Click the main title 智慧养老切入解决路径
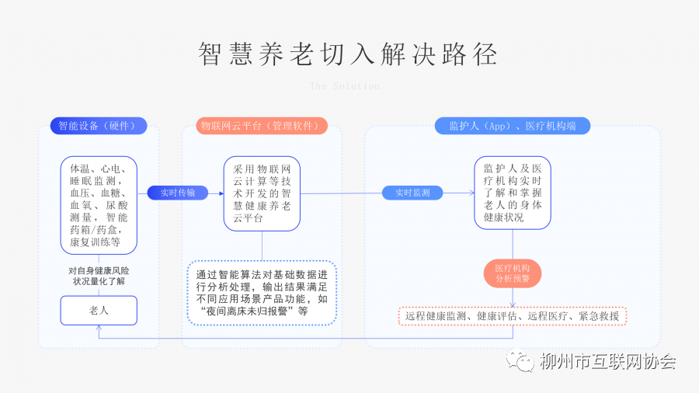pos(349,54)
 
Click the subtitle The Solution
pos(345,86)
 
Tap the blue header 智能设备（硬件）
pos(98,126)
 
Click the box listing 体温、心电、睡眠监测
pos(99,205)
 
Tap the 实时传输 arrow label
pos(178,193)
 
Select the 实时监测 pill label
pos(412,193)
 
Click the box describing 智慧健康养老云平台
pos(262,193)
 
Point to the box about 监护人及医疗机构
pos(513,193)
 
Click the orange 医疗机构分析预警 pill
pos(513,273)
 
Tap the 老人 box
pos(99,310)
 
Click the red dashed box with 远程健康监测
pos(513,316)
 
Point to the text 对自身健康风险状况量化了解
pos(99,276)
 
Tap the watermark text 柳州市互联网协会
pos(607,362)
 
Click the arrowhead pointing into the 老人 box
pos(99,329)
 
